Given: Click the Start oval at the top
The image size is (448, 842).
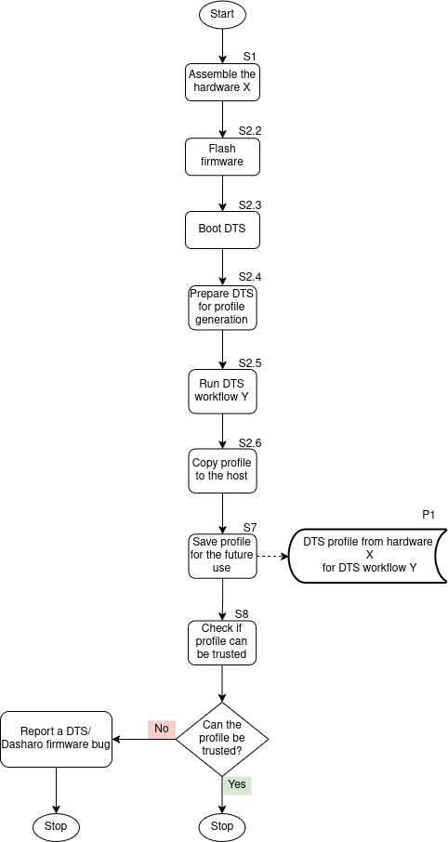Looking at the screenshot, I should pos(222,15).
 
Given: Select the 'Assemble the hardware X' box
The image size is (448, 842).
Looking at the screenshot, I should pos(222,82).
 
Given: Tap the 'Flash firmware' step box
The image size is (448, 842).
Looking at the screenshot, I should pos(222,156).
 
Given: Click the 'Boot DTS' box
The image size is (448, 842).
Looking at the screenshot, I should pos(222,230).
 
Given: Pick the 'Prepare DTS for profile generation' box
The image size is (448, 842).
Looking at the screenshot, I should pos(222,306).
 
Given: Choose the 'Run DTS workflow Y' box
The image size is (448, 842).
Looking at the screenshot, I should pos(222,389).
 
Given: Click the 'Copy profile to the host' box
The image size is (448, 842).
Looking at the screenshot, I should pos(222,470).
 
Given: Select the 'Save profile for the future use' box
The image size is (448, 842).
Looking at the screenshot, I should pos(222,554).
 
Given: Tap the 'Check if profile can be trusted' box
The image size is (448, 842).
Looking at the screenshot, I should pos(222,641).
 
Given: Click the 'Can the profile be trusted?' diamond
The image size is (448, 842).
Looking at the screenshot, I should pos(222,739).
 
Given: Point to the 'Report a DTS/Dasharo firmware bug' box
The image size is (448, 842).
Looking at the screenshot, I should pos(57,739).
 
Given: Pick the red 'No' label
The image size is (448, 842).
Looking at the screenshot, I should pos(162,729).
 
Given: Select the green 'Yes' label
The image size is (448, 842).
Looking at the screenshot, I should pos(237,784).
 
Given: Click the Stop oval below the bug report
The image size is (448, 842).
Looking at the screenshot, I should pos(57,825).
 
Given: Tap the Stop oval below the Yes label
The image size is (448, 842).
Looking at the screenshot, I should pos(222,825).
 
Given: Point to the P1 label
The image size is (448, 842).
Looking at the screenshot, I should pos(428,515).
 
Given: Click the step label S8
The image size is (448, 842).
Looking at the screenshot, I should pos(242,613).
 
